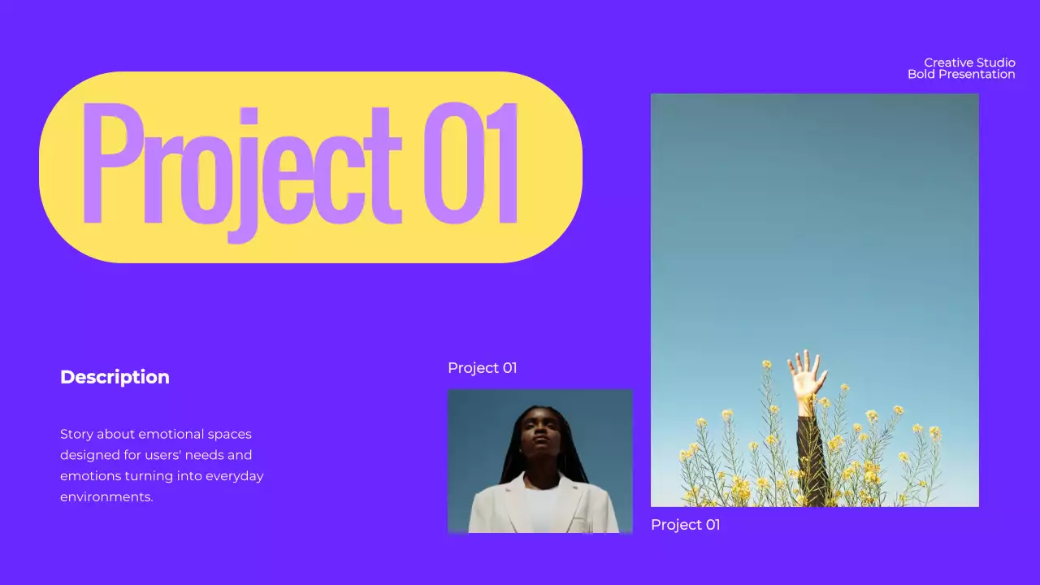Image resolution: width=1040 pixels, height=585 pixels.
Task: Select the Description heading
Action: pyautogui.click(x=115, y=377)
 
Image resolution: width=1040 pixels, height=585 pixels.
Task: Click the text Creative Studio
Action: pyautogui.click(x=969, y=63)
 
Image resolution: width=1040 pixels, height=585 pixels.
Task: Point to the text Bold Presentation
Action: pyautogui.click(x=961, y=75)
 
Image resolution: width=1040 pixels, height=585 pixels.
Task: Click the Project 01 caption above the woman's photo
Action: pyautogui.click(x=482, y=368)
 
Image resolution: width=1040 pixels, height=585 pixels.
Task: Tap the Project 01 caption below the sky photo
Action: pyautogui.click(x=685, y=525)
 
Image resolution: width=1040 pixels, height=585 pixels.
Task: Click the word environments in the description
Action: pyautogui.click(x=106, y=496)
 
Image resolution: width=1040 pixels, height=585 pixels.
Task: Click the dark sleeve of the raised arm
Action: pyautogui.click(x=810, y=455)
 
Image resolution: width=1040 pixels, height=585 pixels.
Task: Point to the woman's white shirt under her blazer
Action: pyautogui.click(x=542, y=508)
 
